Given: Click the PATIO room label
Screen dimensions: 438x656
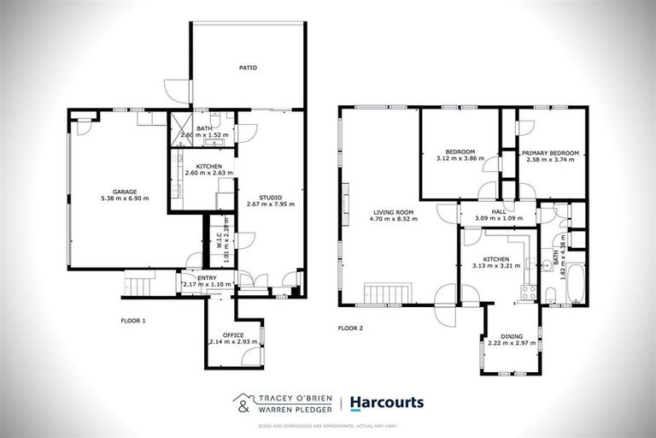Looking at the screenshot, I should [248, 67].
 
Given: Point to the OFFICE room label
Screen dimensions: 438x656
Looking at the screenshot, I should [233, 334].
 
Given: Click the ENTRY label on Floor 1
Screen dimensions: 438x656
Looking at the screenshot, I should [207, 277].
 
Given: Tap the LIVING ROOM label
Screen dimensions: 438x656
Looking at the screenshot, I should [392, 211].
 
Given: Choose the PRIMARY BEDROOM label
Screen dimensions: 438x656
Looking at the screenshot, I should [552, 153].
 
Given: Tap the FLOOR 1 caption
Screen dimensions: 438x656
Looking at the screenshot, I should [132, 320].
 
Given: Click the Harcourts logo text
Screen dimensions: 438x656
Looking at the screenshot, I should [387, 402].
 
